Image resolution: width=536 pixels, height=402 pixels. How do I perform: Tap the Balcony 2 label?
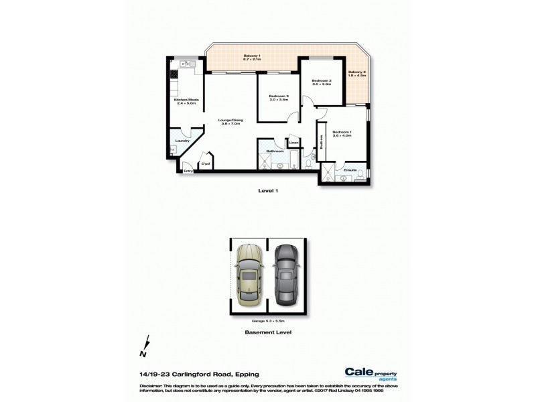coord(357,73)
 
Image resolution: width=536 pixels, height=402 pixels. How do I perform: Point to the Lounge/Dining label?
coord(230,123)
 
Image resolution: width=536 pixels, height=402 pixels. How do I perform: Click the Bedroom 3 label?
coord(279,98)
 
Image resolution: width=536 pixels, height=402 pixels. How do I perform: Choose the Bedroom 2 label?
coord(322,82)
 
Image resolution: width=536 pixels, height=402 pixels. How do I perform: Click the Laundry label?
coord(180,141)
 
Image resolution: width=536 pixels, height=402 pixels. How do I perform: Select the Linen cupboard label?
coord(293,143)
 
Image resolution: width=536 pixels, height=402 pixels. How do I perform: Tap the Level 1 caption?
coord(268,191)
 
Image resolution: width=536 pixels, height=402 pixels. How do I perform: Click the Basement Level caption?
coord(267,332)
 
